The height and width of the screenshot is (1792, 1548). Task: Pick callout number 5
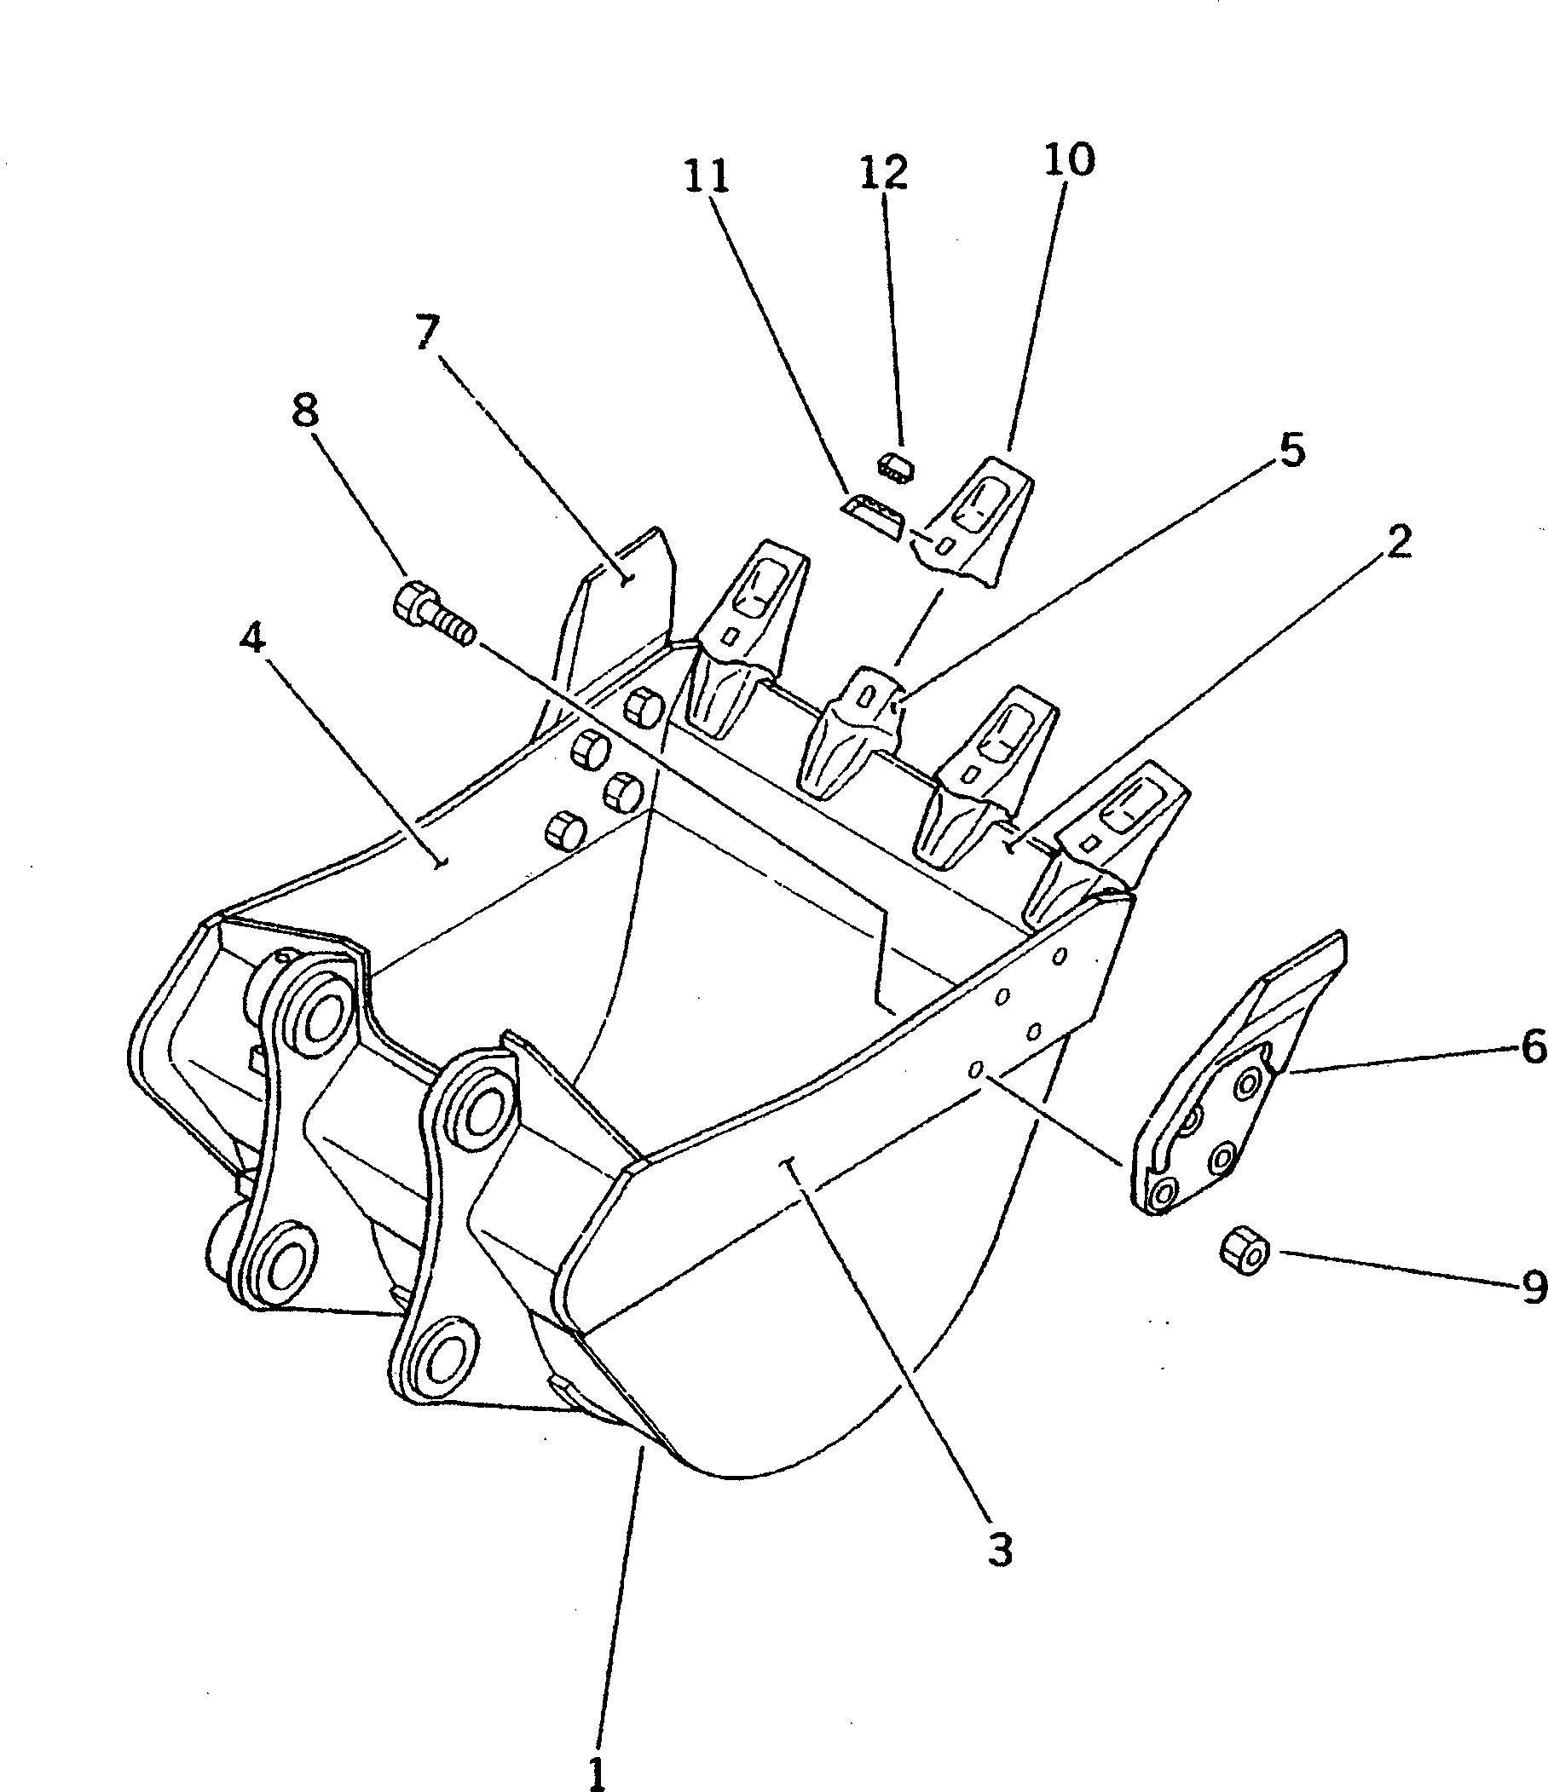[x=1292, y=450]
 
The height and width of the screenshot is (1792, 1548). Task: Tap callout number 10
[x=1070, y=160]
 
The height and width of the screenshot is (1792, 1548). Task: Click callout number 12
[x=884, y=172]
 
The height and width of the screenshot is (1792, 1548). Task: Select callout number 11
[x=708, y=176]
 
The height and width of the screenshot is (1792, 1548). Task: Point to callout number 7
[x=425, y=333]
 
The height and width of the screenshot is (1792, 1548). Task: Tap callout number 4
[x=251, y=639]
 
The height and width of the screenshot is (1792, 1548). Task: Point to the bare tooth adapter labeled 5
[x=852, y=731]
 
